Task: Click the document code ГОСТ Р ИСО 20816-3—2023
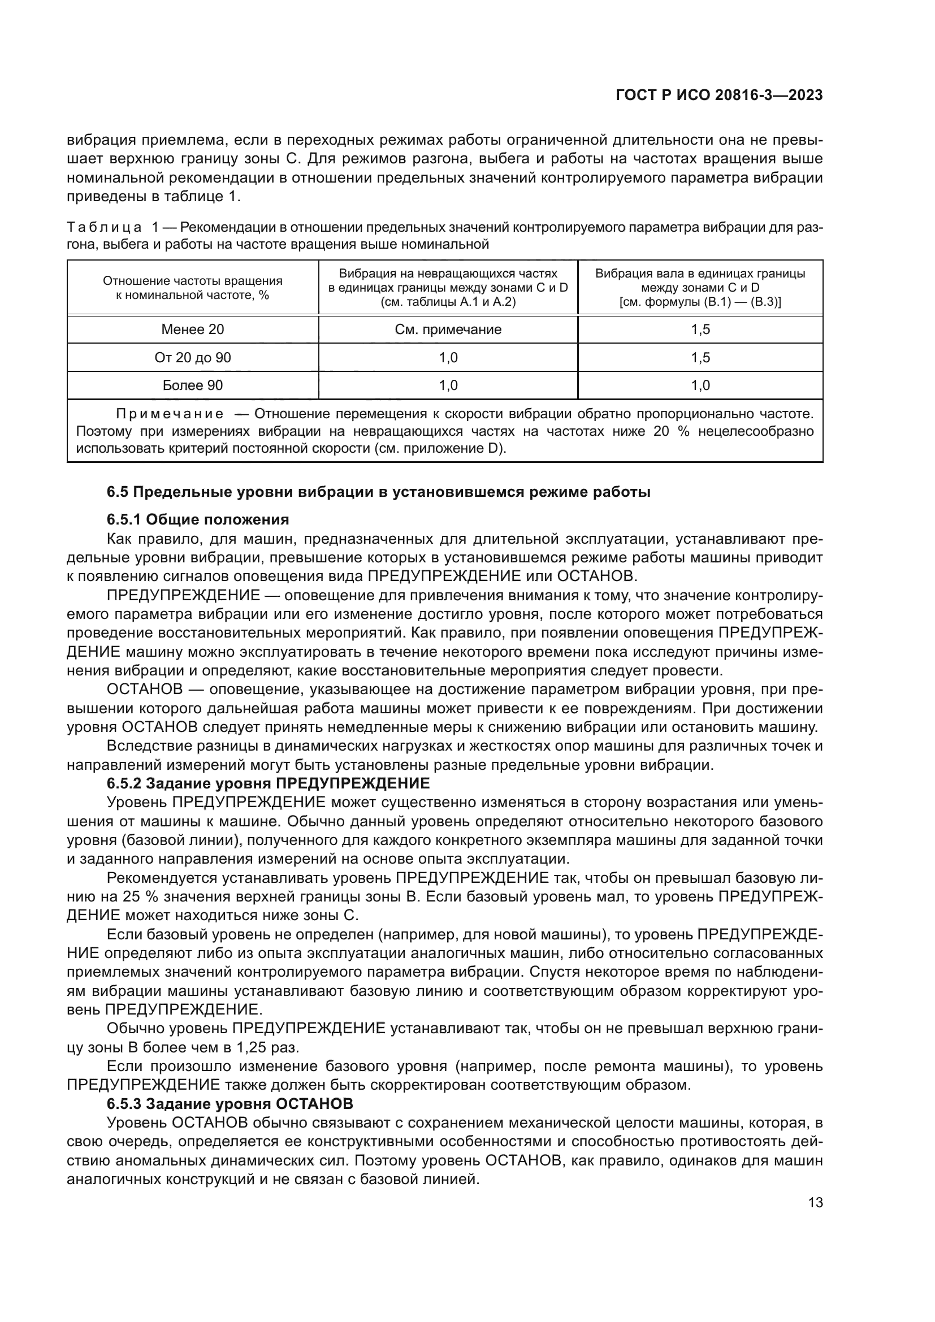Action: [718, 96]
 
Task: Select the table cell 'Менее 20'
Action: [192, 330]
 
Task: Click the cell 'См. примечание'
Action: [448, 330]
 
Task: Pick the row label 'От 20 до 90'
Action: [192, 358]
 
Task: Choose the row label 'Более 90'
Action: [192, 385]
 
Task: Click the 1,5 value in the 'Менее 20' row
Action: [700, 330]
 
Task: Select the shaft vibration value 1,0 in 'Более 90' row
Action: [700, 385]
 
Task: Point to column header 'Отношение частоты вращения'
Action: [192, 281]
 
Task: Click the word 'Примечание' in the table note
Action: [170, 414]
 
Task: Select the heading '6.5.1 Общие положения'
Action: [197, 519]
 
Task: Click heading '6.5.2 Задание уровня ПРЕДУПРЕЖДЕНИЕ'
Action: [269, 783]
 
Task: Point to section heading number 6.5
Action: [118, 492]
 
